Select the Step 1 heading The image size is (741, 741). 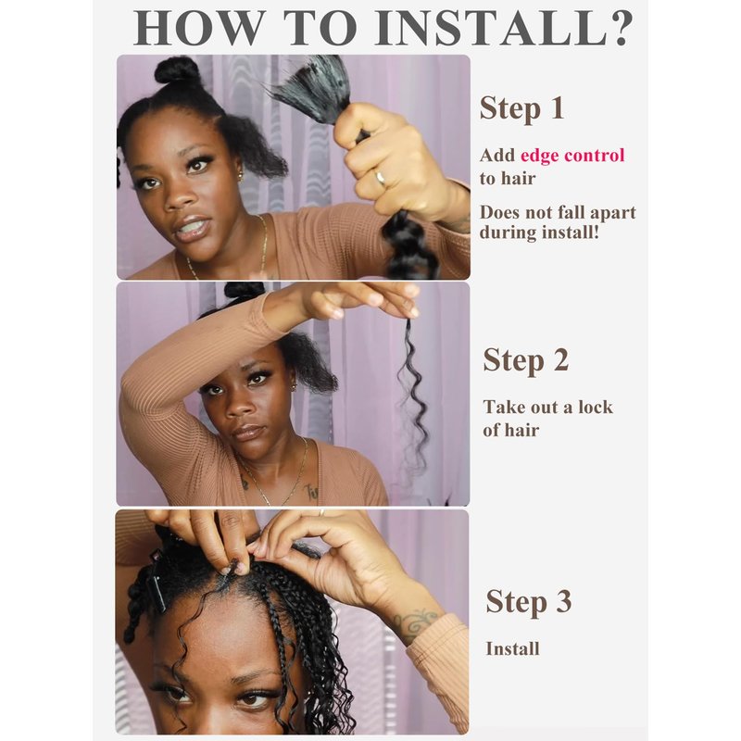521,108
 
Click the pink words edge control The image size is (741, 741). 572,155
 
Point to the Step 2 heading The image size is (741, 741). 525,360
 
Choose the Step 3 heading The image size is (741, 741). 528,601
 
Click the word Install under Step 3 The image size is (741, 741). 513,649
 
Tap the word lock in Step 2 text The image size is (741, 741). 596,407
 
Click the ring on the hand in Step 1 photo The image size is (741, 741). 380,179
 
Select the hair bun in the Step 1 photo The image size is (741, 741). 178,71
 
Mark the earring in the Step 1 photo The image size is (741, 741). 241,177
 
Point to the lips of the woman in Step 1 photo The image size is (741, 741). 190,228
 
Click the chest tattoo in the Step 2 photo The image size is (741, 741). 310,492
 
